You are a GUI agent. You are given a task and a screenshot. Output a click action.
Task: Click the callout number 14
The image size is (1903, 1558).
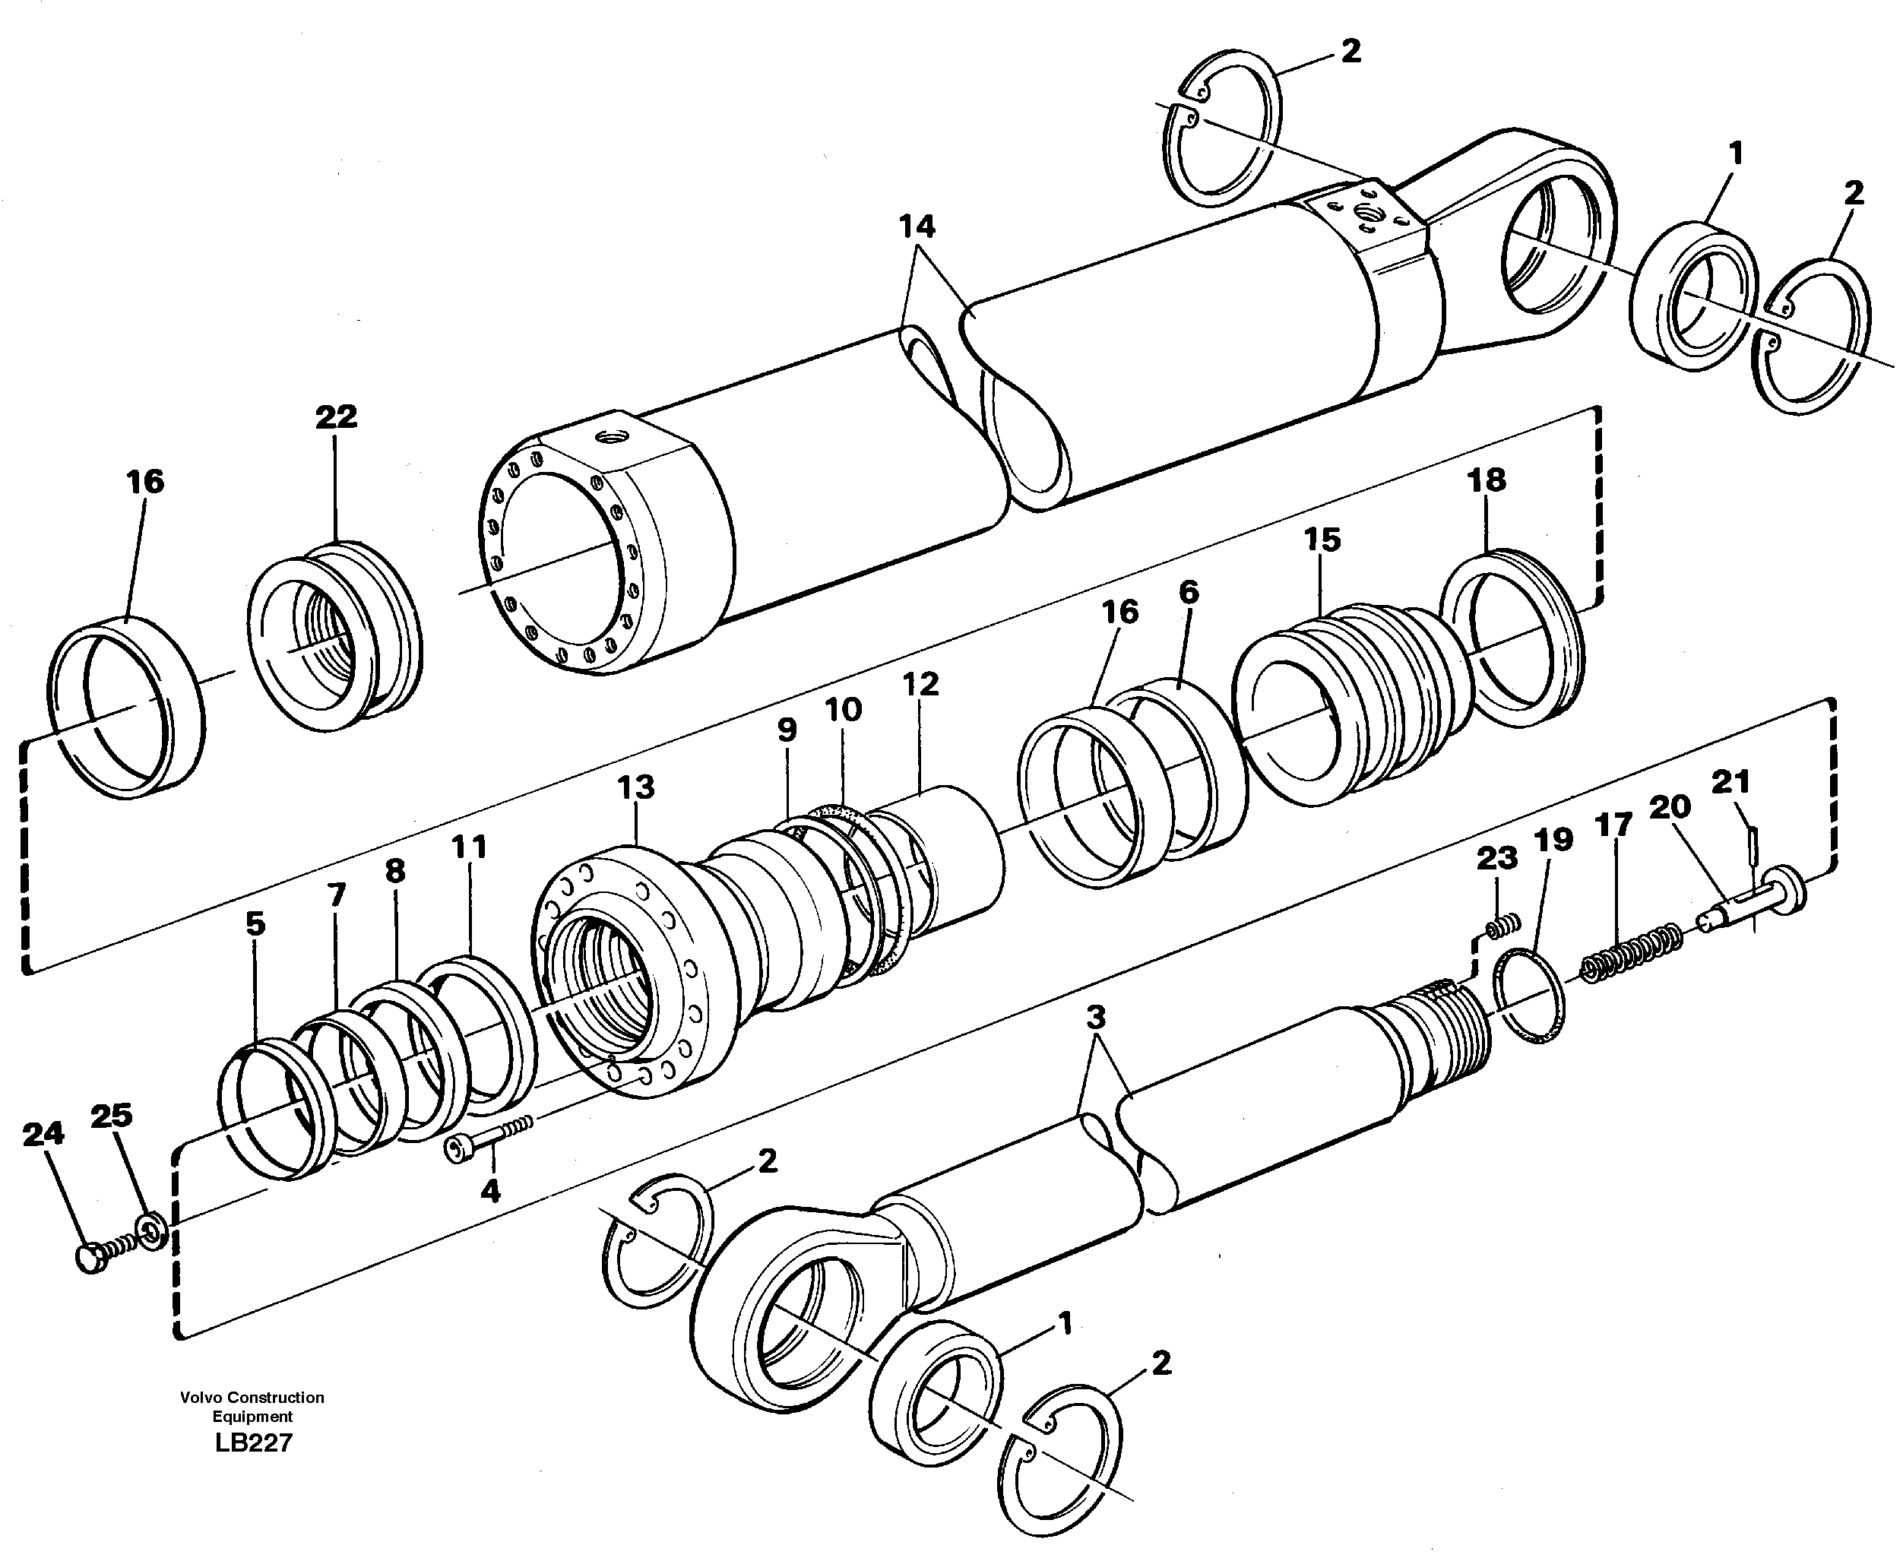[917, 227]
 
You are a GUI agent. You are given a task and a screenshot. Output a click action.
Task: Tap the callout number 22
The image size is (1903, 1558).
[337, 416]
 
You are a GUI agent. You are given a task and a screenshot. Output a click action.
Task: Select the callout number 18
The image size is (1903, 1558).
[1486, 480]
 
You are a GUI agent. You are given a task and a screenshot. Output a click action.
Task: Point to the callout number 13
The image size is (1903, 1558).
[636, 788]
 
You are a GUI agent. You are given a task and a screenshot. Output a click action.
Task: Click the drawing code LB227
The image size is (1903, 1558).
[253, 1443]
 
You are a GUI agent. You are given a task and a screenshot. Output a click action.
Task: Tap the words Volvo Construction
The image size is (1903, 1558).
[252, 1398]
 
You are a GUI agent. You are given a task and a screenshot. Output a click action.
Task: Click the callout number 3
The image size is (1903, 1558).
[1095, 1018]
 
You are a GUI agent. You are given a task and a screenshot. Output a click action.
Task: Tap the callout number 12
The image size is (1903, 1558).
[920, 684]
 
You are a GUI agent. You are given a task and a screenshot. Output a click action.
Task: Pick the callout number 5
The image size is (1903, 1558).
[255, 923]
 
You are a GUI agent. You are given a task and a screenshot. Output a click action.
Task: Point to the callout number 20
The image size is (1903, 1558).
[1670, 807]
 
